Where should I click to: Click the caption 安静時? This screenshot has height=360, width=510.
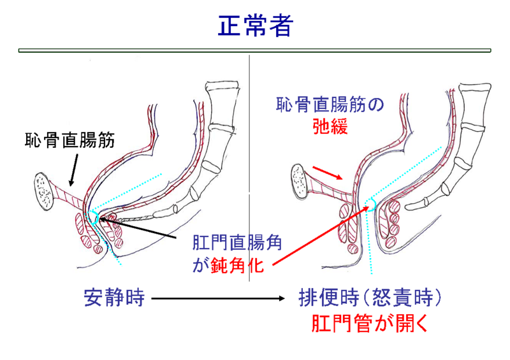coord(115,298)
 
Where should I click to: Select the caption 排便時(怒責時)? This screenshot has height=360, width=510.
coord(370,298)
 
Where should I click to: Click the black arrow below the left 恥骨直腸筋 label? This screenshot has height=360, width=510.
coord(72,166)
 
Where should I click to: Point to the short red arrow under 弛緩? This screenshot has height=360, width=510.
coord(329,173)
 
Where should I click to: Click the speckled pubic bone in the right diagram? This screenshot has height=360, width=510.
coord(300,181)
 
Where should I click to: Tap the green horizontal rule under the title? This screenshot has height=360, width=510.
coord(255,50)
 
